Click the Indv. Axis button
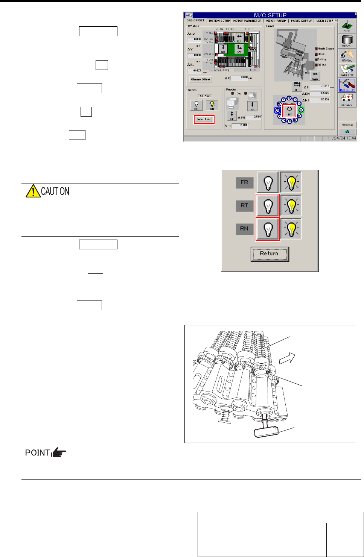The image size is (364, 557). pyautogui.click(x=204, y=119)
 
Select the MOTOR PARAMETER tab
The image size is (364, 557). pyautogui.click(x=247, y=21)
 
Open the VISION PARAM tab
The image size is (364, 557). pyautogui.click(x=276, y=21)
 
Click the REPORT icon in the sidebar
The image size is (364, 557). pyautogui.click(x=347, y=41)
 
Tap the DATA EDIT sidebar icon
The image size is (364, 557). pyautogui.click(x=347, y=70)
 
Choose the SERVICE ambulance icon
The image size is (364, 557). pyautogui.click(x=347, y=99)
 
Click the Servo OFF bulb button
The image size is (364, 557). pyautogui.click(x=196, y=106)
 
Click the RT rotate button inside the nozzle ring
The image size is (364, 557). pyautogui.click(x=289, y=110)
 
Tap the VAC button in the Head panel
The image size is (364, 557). pyautogui.click(x=315, y=76)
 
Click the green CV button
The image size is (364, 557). pyautogui.click(x=223, y=49)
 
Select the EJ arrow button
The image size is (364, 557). pyautogui.click(x=239, y=38)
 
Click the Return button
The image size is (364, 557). pyautogui.click(x=269, y=253)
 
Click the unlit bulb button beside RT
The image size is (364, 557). pyautogui.click(x=268, y=206)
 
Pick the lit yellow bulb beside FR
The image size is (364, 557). pyautogui.click(x=291, y=182)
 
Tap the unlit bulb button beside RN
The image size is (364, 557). pyautogui.click(x=268, y=229)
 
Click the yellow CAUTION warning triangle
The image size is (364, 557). pyautogui.click(x=33, y=191)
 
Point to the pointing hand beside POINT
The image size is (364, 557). pyautogui.click(x=59, y=452)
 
